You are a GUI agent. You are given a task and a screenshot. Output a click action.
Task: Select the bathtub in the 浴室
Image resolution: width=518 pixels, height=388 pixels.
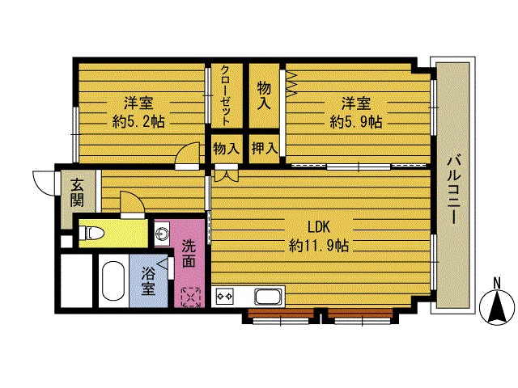pos(112,283)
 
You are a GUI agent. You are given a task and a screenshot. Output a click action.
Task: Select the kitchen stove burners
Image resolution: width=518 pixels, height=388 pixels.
pos(223,297)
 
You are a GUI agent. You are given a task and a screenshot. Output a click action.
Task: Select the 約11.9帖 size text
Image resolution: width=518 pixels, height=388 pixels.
pos(318,245)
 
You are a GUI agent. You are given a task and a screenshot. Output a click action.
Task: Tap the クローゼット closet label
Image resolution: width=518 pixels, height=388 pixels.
pos(225,95)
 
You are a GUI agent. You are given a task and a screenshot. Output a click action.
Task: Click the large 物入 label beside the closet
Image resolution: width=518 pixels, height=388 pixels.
pos(264,95)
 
